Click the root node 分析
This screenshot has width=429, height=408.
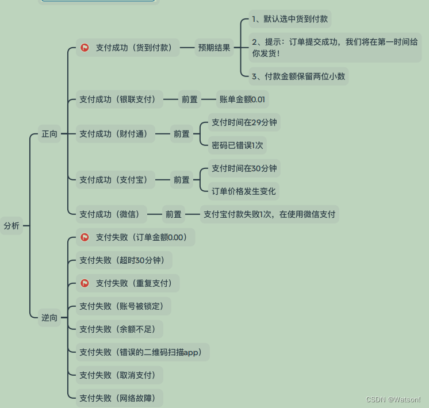coord(12,226)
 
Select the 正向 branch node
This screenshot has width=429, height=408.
coord(49,134)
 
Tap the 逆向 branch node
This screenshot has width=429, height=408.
coord(49,317)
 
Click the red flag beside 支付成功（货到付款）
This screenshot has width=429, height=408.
coord(85,48)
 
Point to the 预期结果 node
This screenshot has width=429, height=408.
coord(215,48)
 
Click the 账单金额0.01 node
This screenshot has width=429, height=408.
coord(242,99)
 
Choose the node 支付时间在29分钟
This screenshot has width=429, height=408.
coord(244,122)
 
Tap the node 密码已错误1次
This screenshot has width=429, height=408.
coord(238,145)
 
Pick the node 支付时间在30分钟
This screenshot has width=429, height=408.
coord(244,168)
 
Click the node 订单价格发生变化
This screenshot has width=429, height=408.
coord(244,191)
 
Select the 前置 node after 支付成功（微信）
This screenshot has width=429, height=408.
coord(174,214)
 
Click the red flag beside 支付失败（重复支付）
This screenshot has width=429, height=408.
coord(85,283)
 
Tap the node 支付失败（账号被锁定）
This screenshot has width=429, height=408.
coord(124,306)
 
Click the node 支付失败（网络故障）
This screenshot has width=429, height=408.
coord(120,398)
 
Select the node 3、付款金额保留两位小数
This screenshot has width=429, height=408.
coord(298,76)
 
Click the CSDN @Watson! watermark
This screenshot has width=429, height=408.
coord(393,399)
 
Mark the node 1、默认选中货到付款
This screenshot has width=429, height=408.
coord(290,19)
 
